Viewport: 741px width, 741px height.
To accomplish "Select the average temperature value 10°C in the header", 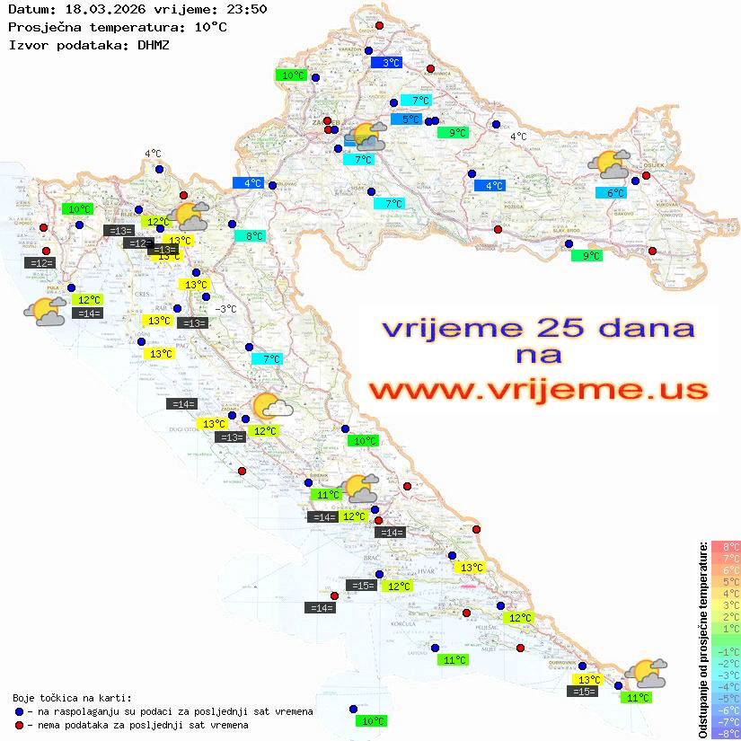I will (x=210, y=27).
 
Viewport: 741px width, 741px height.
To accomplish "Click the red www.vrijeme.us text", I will (x=538, y=390).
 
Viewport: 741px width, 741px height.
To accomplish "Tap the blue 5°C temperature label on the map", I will (x=406, y=119).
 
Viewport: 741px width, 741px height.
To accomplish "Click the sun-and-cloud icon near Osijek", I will (x=608, y=164).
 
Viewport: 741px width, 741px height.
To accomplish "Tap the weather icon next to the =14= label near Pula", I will (x=44, y=312).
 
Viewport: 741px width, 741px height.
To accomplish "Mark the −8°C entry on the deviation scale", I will (x=726, y=733).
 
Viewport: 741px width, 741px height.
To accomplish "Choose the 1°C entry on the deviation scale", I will (x=726, y=628).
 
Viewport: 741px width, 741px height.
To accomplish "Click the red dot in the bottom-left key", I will (x=19, y=724).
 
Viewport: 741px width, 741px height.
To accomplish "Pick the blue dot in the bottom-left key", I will (x=19, y=710).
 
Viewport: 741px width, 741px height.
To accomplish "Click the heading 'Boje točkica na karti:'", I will (x=72, y=697).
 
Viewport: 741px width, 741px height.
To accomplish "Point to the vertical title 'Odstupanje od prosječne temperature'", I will (x=702, y=640).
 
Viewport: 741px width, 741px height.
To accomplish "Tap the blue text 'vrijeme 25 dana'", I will (x=538, y=327).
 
